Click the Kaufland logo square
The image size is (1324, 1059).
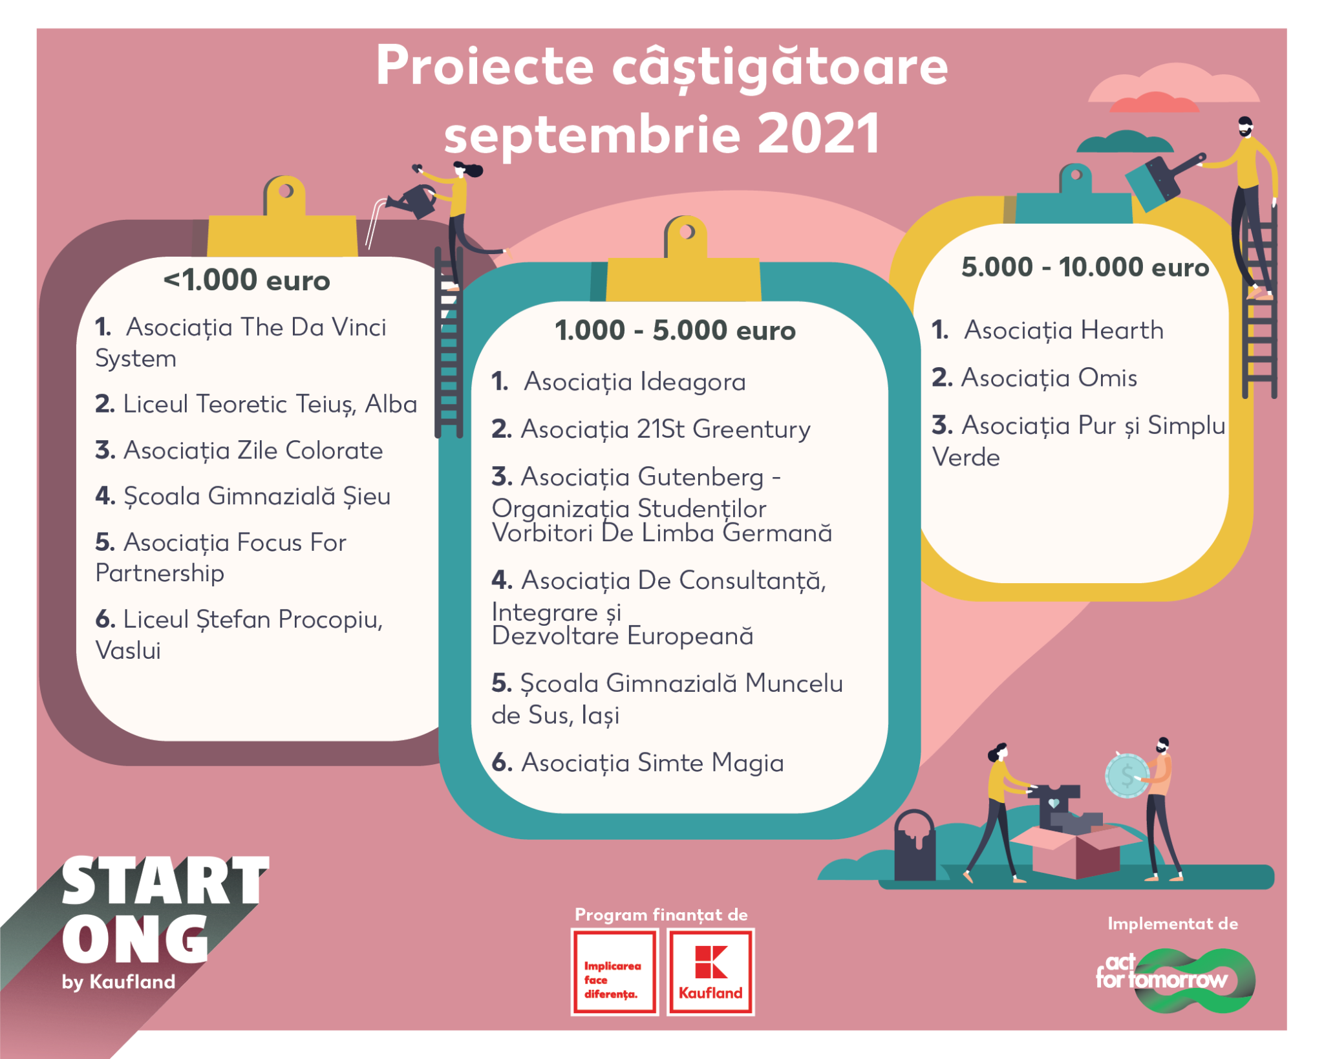point(710,972)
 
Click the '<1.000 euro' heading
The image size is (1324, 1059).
point(246,281)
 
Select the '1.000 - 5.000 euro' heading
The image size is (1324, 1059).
point(675,330)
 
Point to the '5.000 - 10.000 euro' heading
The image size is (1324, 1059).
point(1085,267)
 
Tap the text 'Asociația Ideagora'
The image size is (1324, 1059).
point(635,382)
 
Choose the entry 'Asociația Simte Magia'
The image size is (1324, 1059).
point(652,763)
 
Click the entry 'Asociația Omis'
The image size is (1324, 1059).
point(1049,378)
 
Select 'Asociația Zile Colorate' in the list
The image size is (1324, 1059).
point(253,451)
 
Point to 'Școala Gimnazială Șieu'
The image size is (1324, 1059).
point(257,497)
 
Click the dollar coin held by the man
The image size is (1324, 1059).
point(1127,775)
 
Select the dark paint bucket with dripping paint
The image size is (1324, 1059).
point(915,846)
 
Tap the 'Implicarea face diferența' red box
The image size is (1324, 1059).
point(614,972)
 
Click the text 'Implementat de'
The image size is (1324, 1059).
point(1173,924)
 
